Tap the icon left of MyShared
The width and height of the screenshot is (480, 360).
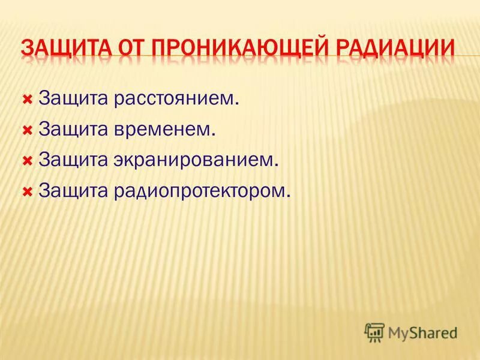coord(374,331)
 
